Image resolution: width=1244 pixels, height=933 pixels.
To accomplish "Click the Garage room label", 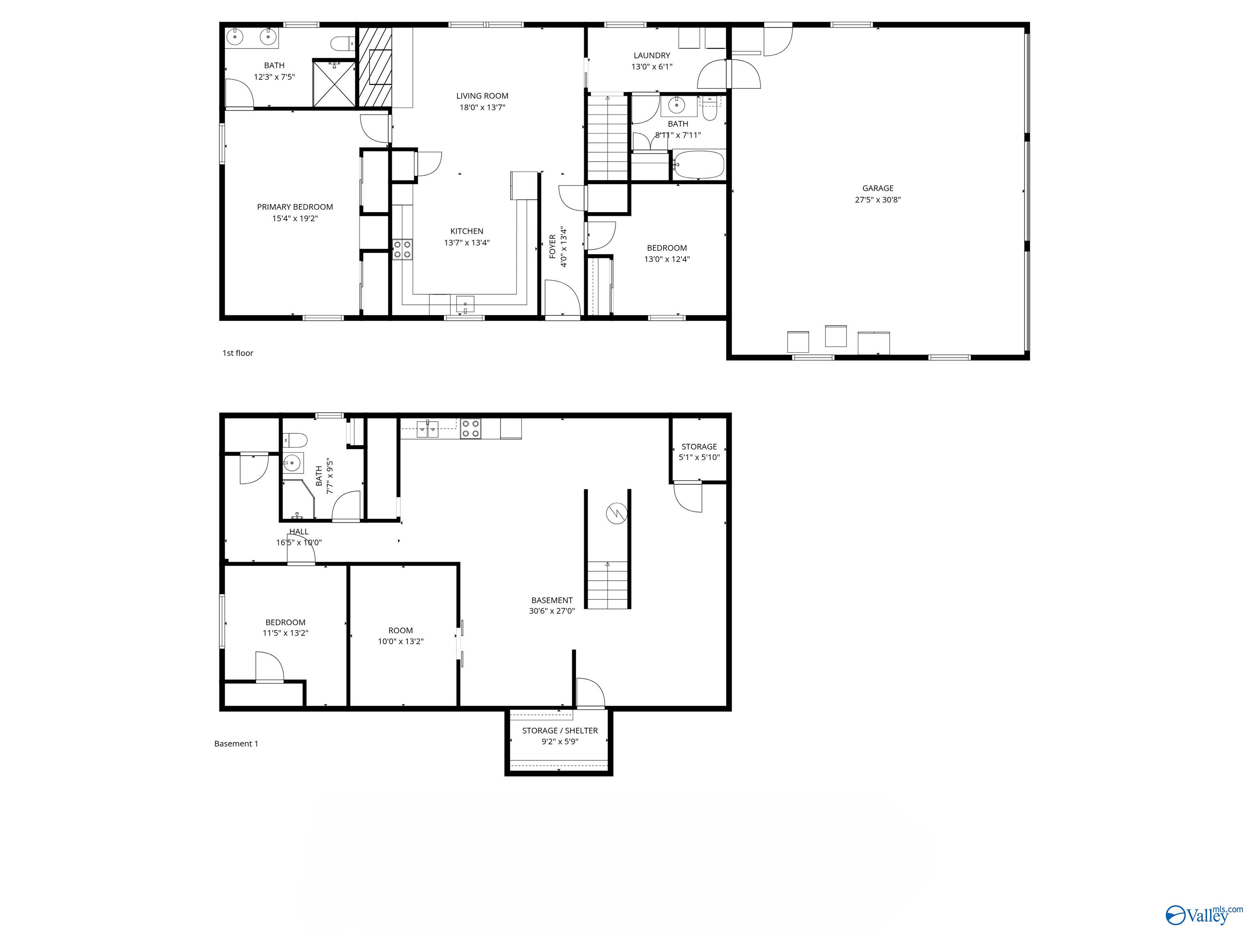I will coord(878,188).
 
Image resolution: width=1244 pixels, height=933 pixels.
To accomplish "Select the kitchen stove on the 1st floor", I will coord(402,249).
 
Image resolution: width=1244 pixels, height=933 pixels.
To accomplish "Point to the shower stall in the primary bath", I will coord(334,83).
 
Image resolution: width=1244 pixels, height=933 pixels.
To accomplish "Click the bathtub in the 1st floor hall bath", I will coord(699,164).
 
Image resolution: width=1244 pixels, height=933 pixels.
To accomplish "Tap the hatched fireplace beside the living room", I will coord(375,66).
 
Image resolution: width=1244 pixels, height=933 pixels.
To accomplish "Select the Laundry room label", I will coord(652,55).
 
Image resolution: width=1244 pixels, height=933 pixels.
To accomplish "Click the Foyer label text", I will coord(553,247).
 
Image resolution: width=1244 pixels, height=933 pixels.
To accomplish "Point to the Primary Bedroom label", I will coord(295,207).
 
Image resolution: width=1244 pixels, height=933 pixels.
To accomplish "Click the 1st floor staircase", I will coord(607,138).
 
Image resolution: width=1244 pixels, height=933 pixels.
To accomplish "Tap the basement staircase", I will coord(607,585).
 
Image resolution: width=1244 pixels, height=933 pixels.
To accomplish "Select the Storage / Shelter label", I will coord(560,731).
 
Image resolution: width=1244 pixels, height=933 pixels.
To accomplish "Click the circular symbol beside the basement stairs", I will coord(616,513).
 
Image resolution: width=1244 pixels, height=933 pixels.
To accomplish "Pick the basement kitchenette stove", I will coord(470,428).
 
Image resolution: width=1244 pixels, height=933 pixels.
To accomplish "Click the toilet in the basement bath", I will coord(294,439).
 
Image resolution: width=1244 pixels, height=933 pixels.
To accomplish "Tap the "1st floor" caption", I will coord(238,353).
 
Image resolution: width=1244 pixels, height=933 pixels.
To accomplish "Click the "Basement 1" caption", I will coord(236,743).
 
